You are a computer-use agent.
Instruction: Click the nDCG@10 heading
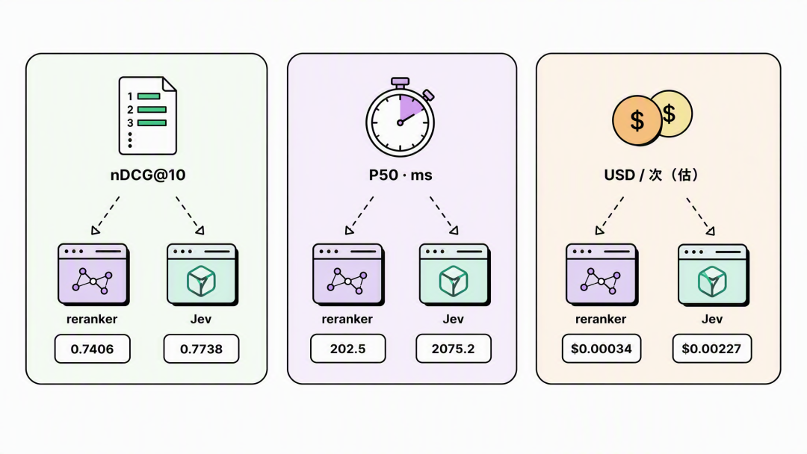click(148, 175)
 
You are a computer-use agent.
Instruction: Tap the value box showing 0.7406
click(93, 349)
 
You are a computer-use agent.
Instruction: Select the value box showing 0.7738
click(201, 349)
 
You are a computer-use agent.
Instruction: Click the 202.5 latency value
click(348, 349)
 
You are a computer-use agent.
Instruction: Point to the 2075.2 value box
click(454, 349)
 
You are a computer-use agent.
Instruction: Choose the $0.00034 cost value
click(602, 349)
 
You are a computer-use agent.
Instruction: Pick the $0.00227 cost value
click(712, 349)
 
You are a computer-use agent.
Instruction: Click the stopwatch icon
click(401, 118)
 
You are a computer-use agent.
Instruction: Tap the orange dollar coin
click(637, 120)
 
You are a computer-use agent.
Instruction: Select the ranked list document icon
click(148, 116)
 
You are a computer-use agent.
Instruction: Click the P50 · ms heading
click(401, 175)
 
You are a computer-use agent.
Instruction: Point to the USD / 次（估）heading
click(651, 175)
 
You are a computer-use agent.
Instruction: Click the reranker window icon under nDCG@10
click(93, 275)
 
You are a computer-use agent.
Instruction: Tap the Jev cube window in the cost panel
click(713, 275)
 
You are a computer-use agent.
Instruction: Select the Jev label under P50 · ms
click(454, 320)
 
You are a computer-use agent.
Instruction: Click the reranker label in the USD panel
click(601, 320)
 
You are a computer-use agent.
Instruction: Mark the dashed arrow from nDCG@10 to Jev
click(189, 215)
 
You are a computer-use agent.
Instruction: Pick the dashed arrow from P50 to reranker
click(359, 215)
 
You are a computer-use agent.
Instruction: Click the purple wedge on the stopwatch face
click(410, 107)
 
